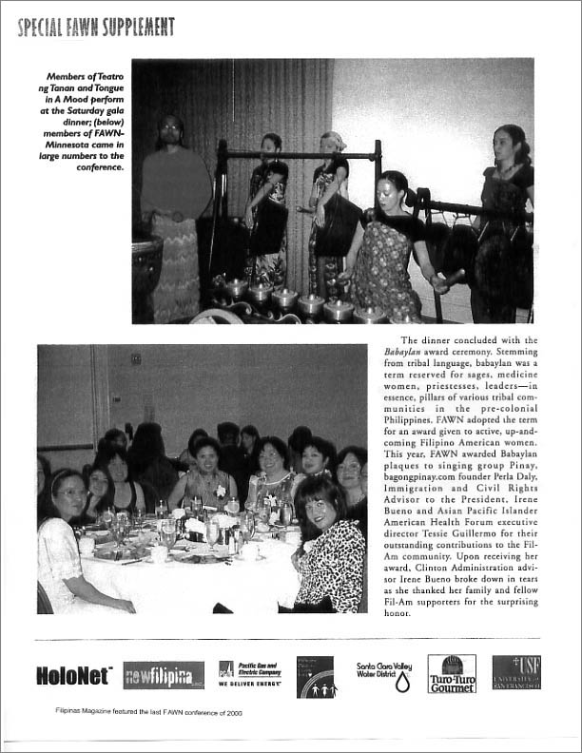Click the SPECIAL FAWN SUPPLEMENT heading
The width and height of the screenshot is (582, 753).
coord(95,27)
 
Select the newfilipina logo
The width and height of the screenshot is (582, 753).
coord(163,675)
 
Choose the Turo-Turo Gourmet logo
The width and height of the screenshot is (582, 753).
coord(452,673)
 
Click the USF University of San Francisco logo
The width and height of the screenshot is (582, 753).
coord(516,672)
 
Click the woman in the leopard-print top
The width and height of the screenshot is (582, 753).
coord(328,556)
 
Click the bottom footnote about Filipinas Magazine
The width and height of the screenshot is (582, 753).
coord(148,722)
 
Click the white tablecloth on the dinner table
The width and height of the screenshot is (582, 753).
coord(190,580)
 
